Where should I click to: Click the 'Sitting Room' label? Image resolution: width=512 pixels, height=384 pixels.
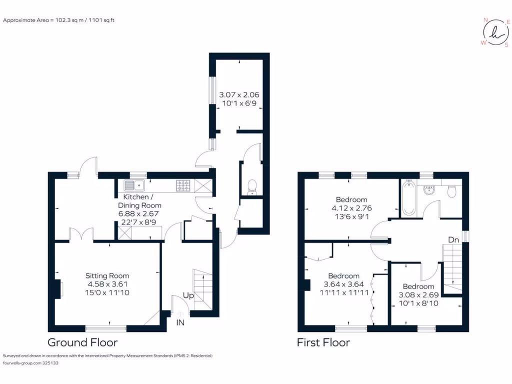click(x=107, y=275)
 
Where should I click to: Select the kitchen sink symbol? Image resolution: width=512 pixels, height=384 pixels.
click(x=134, y=186)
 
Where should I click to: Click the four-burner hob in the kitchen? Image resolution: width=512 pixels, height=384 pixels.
click(x=182, y=185)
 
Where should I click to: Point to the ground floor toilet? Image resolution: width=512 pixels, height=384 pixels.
click(x=251, y=186)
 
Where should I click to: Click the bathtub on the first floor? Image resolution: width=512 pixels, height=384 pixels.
click(x=409, y=198)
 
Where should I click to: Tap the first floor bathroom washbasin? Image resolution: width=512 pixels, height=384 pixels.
click(x=428, y=189)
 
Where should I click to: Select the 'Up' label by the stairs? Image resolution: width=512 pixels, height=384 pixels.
click(x=188, y=296)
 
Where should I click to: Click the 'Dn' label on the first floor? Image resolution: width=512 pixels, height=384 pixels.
click(x=453, y=240)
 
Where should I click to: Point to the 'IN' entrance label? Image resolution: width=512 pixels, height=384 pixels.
click(x=180, y=322)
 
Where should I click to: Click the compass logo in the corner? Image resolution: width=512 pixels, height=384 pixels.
click(x=494, y=32)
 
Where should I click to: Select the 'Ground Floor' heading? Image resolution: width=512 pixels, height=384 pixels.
click(x=82, y=342)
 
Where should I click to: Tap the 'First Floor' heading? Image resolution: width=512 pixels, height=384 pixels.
click(x=323, y=342)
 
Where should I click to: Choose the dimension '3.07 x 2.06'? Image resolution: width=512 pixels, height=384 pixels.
click(x=239, y=94)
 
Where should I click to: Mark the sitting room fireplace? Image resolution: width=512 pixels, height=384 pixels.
click(x=59, y=288)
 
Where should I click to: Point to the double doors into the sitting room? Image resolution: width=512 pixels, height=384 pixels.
click(x=81, y=235)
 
